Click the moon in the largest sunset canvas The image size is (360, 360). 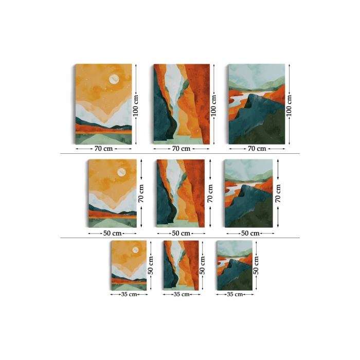pos(114,79)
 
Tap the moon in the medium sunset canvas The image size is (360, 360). pos(121,172)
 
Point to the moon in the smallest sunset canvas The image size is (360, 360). pos(135,250)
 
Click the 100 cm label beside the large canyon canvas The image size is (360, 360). pos(214,105)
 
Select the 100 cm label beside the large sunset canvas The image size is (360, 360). pos(136,105)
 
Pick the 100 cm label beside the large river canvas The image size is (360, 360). pos(289,105)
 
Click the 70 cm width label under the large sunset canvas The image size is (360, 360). pos(103,149)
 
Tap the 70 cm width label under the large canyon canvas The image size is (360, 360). pos(181,149)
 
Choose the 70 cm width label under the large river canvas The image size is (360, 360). pos(257,149)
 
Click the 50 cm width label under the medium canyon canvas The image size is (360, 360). pos(181,233)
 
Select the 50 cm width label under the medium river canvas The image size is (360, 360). pos(250,233)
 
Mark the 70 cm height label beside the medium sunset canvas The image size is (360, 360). pos(141,193)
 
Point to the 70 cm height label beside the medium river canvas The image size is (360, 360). pos(278,193)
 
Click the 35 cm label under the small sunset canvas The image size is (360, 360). pos(129,294)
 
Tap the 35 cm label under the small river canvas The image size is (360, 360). pos(235,294)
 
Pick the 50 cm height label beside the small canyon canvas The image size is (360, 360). pos(202,265)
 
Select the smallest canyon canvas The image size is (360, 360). pos(181,265)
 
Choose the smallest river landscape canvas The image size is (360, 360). pos(235,265)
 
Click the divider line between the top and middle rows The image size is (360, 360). pos(180,154)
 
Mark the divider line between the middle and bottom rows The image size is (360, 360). pos(180,238)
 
